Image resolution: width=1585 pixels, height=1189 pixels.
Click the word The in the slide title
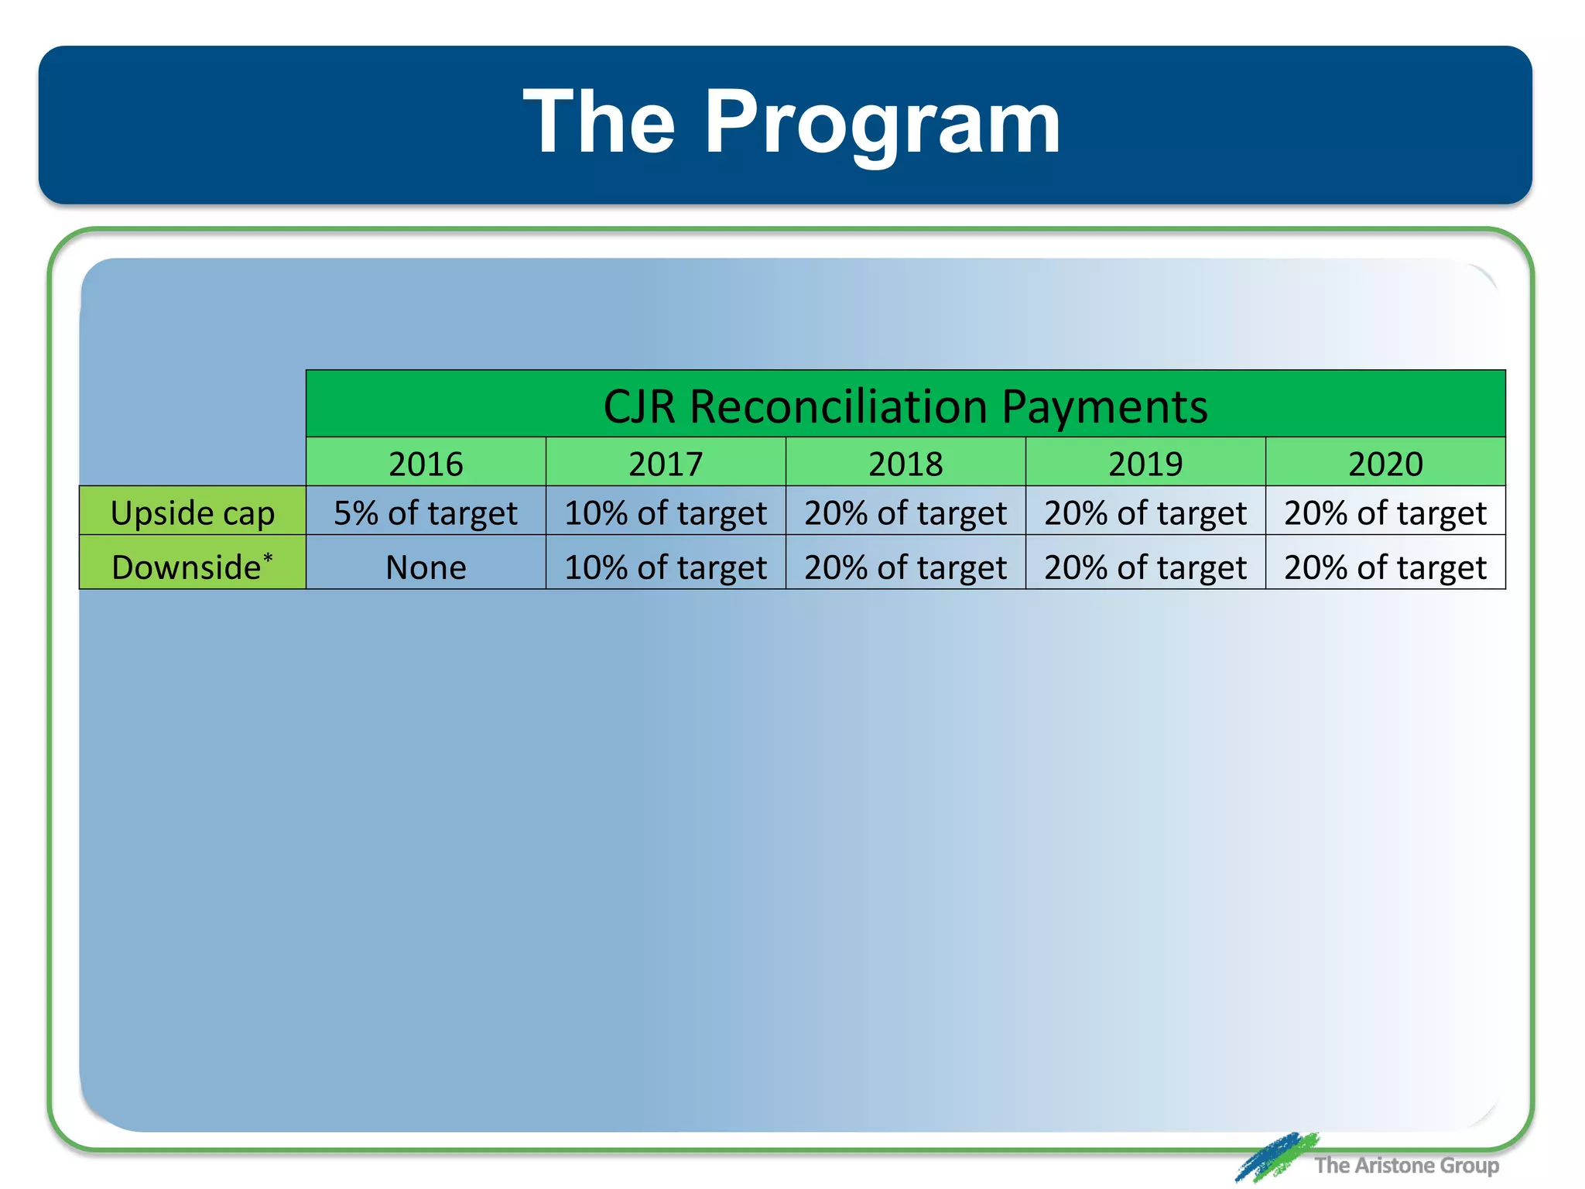(600, 122)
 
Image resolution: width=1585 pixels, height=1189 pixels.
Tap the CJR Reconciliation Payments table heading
(905, 406)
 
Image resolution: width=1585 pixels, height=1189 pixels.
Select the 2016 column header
(426, 464)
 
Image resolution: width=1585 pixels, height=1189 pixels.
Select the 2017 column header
(666, 464)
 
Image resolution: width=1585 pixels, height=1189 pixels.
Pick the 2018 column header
(905, 464)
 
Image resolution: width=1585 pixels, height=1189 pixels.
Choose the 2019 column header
(1145, 464)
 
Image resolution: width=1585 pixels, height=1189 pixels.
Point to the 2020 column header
(1385, 464)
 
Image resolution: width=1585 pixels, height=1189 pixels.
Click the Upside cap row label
(193, 513)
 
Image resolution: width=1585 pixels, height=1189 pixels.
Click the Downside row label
(187, 567)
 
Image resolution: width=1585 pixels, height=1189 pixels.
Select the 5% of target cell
(426, 513)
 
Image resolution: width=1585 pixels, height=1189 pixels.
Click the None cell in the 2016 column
(426, 567)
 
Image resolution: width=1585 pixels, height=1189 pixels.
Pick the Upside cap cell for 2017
(666, 513)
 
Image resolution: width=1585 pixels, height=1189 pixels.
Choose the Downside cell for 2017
(666, 567)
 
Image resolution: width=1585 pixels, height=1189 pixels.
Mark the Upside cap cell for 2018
(905, 513)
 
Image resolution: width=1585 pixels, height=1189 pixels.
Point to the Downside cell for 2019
(1145, 567)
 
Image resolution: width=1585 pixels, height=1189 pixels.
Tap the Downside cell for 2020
(1385, 567)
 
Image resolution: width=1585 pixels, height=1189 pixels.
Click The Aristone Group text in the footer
(1406, 1165)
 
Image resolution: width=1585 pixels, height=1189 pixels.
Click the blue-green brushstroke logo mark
(1275, 1156)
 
